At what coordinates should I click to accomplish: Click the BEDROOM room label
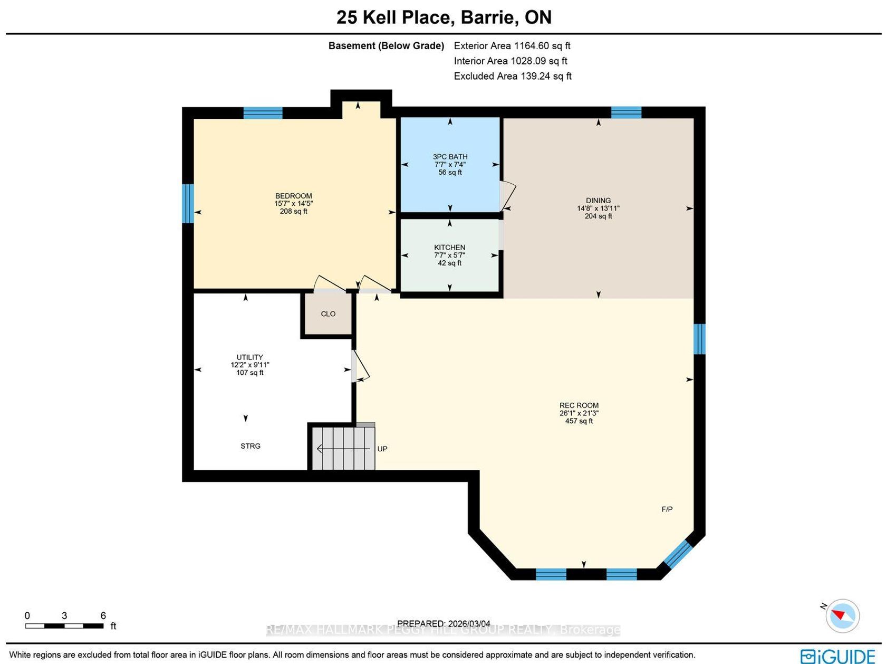point(293,196)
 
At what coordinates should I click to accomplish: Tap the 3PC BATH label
point(450,157)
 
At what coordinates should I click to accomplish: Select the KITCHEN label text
point(449,248)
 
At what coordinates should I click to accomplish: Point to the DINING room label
point(598,201)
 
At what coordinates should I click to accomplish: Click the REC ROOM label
point(579,405)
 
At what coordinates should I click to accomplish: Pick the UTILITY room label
point(249,357)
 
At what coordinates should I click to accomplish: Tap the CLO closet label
point(328,314)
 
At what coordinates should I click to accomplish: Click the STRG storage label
point(251,446)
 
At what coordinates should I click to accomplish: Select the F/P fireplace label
point(667,509)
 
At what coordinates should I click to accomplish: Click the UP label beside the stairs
point(382,449)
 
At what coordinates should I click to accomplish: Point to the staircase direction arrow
point(343,449)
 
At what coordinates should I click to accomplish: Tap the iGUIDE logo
point(837,656)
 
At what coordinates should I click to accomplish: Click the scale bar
point(64,626)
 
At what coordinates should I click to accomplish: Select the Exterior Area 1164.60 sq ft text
point(512,45)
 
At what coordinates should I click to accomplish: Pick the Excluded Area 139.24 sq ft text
point(513,76)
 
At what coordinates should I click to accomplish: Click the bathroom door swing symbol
point(508,196)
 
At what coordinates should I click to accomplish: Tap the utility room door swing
point(360,366)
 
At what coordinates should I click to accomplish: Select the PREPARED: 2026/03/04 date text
point(444,623)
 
